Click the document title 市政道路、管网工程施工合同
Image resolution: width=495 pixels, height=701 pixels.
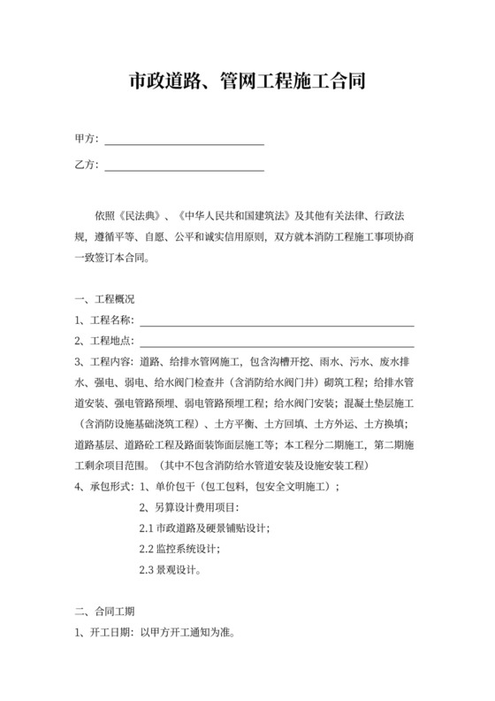[247, 83]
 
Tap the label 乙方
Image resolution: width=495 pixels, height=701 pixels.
[87, 166]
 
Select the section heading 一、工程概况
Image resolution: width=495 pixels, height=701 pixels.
[104, 298]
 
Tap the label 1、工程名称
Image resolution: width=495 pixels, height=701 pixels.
[104, 320]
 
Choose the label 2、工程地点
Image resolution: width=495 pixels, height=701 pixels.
[104, 342]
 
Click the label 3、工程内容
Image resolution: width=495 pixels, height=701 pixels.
[104, 362]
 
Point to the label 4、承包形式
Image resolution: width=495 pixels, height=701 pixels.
[104, 486]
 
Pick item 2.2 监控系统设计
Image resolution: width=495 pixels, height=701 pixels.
[179, 549]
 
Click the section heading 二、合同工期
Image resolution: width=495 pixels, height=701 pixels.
[104, 610]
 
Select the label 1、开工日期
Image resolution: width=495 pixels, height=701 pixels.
[104, 633]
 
